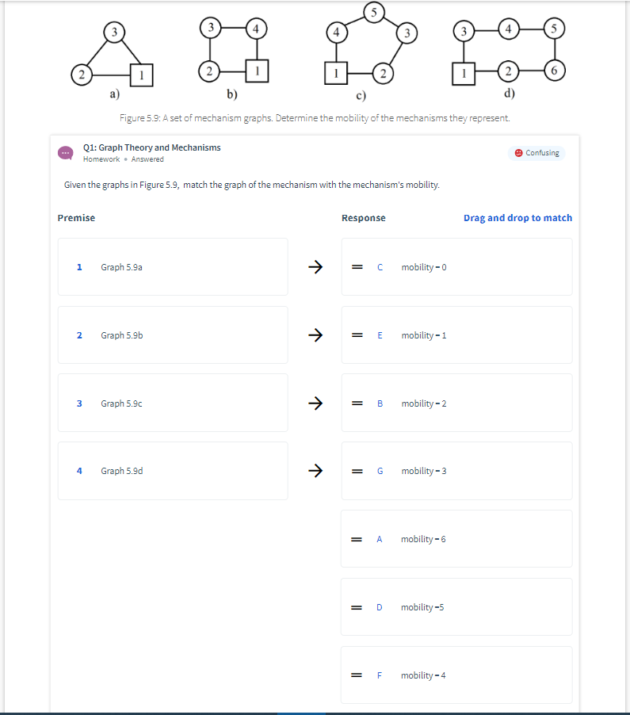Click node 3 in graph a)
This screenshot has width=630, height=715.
point(115,31)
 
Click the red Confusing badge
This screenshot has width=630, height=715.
point(536,152)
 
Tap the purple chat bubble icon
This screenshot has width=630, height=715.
point(66,153)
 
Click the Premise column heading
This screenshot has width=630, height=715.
point(76,218)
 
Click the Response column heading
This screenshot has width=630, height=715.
point(363,218)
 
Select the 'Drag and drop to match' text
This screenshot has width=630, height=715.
point(517,218)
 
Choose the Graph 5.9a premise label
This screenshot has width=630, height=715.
point(122,267)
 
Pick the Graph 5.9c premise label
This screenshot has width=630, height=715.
point(122,403)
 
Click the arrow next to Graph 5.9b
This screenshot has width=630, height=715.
point(315,335)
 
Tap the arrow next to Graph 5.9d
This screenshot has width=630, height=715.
point(315,471)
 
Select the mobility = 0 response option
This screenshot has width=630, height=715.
point(424,267)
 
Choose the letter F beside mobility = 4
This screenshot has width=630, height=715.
point(380,675)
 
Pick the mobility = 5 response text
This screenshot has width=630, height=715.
point(422,607)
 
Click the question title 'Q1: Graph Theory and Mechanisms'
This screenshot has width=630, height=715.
point(152,147)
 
